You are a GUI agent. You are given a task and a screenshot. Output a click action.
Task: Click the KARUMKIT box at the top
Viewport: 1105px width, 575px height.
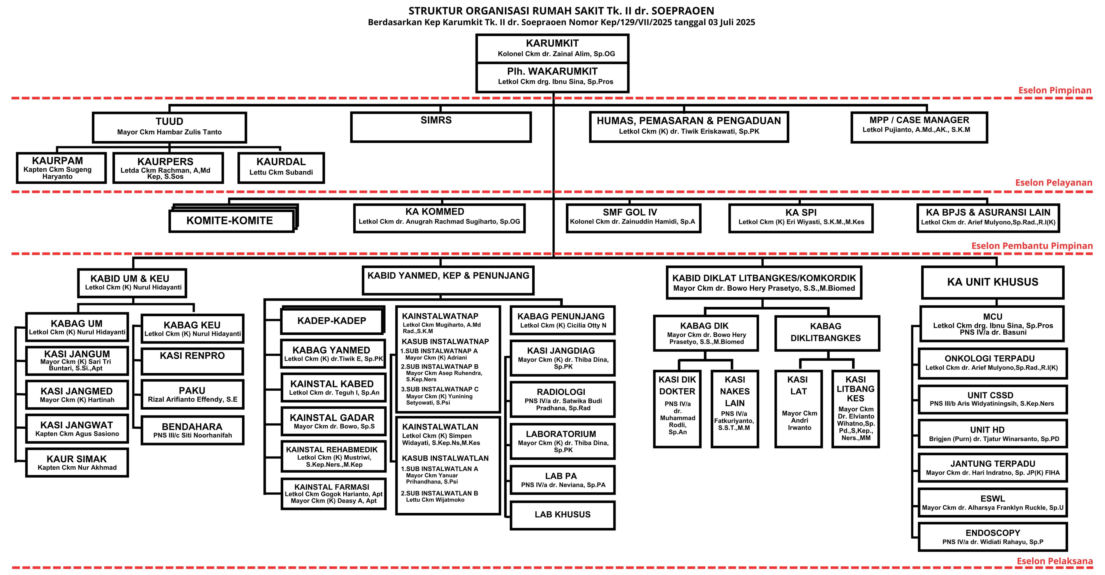pos(552,48)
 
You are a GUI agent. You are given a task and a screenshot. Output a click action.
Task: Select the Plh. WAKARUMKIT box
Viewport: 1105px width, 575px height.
pos(552,76)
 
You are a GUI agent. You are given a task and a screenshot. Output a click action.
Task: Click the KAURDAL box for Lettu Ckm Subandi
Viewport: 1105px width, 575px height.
pos(281,167)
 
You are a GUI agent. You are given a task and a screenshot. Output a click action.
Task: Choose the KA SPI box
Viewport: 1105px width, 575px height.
pos(801,218)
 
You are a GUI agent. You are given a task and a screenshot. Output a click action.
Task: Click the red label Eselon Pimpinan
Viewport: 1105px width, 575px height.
pos(1054,90)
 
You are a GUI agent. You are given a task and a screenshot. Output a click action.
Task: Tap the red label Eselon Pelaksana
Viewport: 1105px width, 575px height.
pos(1054,561)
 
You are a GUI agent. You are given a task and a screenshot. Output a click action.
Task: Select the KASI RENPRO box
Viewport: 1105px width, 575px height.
pos(192,361)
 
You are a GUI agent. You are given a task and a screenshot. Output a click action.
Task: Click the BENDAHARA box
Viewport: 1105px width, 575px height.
pos(192,430)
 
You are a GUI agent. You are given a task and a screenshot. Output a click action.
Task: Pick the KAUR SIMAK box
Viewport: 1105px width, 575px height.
pos(77,462)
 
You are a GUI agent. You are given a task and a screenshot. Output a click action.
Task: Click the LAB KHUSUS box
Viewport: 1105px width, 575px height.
pos(562,515)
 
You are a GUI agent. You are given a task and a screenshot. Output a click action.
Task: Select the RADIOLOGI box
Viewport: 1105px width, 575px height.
pos(562,399)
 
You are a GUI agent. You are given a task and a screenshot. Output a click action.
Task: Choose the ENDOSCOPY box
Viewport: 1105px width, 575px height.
pos(992,536)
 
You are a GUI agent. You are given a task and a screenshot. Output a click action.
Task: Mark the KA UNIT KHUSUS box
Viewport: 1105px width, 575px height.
pos(992,282)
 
